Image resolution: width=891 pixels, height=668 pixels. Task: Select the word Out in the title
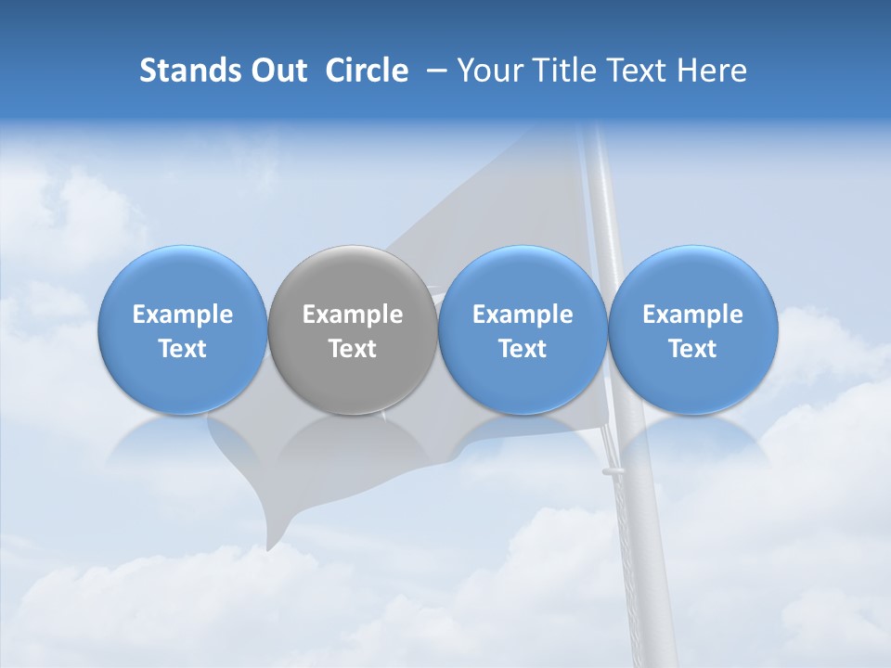(x=277, y=71)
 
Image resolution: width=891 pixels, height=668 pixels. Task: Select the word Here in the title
(x=713, y=71)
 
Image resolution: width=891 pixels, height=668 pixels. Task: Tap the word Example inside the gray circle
(x=353, y=315)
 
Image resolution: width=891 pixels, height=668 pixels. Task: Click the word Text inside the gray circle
(x=353, y=349)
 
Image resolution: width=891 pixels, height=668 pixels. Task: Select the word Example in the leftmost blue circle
(x=183, y=315)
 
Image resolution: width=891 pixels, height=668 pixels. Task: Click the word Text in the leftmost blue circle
(x=183, y=349)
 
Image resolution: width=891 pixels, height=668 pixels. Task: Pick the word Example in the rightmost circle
(x=693, y=315)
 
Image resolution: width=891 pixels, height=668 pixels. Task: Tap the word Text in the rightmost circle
(x=693, y=349)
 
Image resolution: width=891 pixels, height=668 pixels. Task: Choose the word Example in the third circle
(x=523, y=315)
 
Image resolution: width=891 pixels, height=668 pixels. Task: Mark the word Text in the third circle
(x=523, y=349)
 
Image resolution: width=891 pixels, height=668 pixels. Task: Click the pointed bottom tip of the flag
(x=271, y=546)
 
